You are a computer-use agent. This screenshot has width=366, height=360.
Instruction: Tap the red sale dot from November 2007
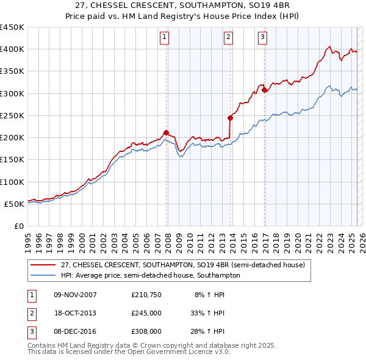click(166, 132)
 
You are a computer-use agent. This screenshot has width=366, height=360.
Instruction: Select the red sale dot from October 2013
click(230, 118)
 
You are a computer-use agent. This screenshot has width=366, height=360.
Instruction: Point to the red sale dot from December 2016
click(264, 90)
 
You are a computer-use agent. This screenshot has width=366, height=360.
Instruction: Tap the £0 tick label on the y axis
click(19, 226)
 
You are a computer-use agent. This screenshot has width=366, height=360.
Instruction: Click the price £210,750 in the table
click(146, 295)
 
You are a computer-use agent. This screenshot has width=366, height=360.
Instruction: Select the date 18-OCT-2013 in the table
click(75, 313)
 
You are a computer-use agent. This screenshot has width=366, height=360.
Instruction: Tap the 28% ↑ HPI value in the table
click(210, 331)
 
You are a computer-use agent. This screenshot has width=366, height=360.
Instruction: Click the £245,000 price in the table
click(146, 313)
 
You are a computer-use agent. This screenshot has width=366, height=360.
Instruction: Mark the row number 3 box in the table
click(31, 331)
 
